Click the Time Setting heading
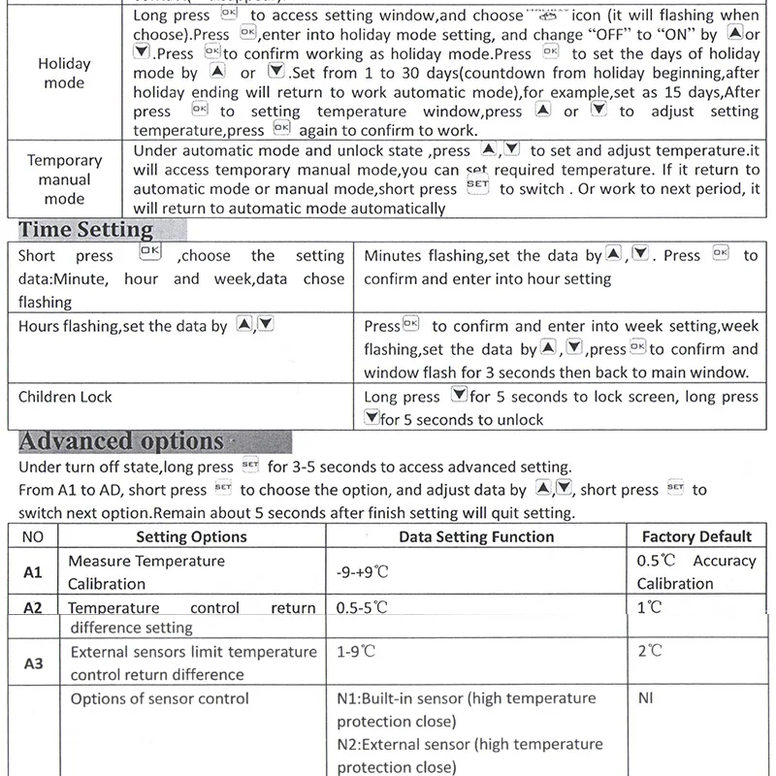click(86, 230)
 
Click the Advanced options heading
click(121, 441)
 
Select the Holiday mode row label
click(64, 74)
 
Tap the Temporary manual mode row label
click(64, 179)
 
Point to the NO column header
click(32, 536)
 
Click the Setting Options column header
click(191, 536)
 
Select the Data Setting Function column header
click(476, 536)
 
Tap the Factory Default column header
click(696, 536)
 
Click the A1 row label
click(33, 572)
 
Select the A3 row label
click(33, 663)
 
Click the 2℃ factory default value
click(650, 652)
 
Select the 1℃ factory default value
click(650, 608)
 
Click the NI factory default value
click(646, 698)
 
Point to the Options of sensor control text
click(159, 698)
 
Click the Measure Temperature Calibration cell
click(146, 572)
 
